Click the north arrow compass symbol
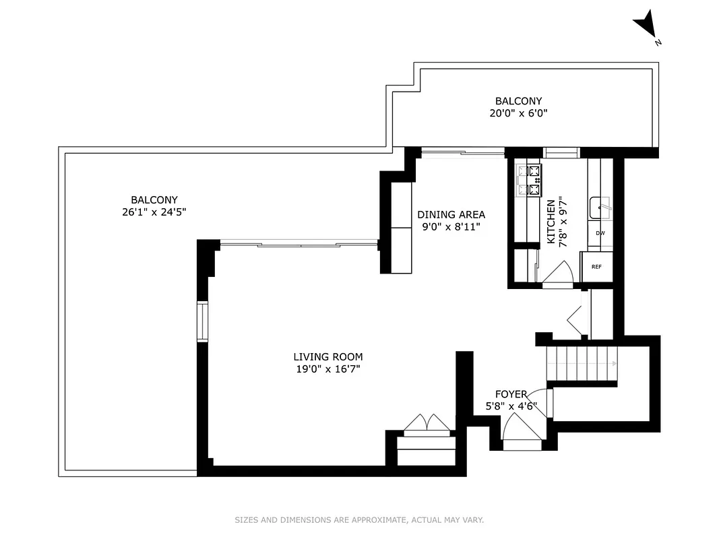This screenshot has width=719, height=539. pyautogui.click(x=646, y=26)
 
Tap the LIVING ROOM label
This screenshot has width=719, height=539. pyautogui.click(x=328, y=357)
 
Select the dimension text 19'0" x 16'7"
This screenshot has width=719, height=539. pyautogui.click(x=328, y=369)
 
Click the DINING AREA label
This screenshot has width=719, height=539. pyautogui.click(x=451, y=215)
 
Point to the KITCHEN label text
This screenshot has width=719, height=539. pyautogui.click(x=551, y=222)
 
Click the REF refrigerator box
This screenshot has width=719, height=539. pyautogui.click(x=596, y=267)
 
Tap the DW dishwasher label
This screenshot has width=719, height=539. pyautogui.click(x=600, y=233)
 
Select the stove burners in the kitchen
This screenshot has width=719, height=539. pyautogui.click(x=529, y=181)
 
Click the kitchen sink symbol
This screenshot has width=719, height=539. pyautogui.click(x=600, y=208)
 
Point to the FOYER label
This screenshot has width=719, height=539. pyautogui.click(x=511, y=394)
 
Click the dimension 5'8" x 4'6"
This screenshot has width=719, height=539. pyautogui.click(x=511, y=406)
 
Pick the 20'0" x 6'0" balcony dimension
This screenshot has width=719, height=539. pyautogui.click(x=518, y=114)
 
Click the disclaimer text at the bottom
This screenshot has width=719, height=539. pyautogui.click(x=359, y=520)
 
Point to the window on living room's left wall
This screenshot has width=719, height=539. pyautogui.click(x=202, y=321)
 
